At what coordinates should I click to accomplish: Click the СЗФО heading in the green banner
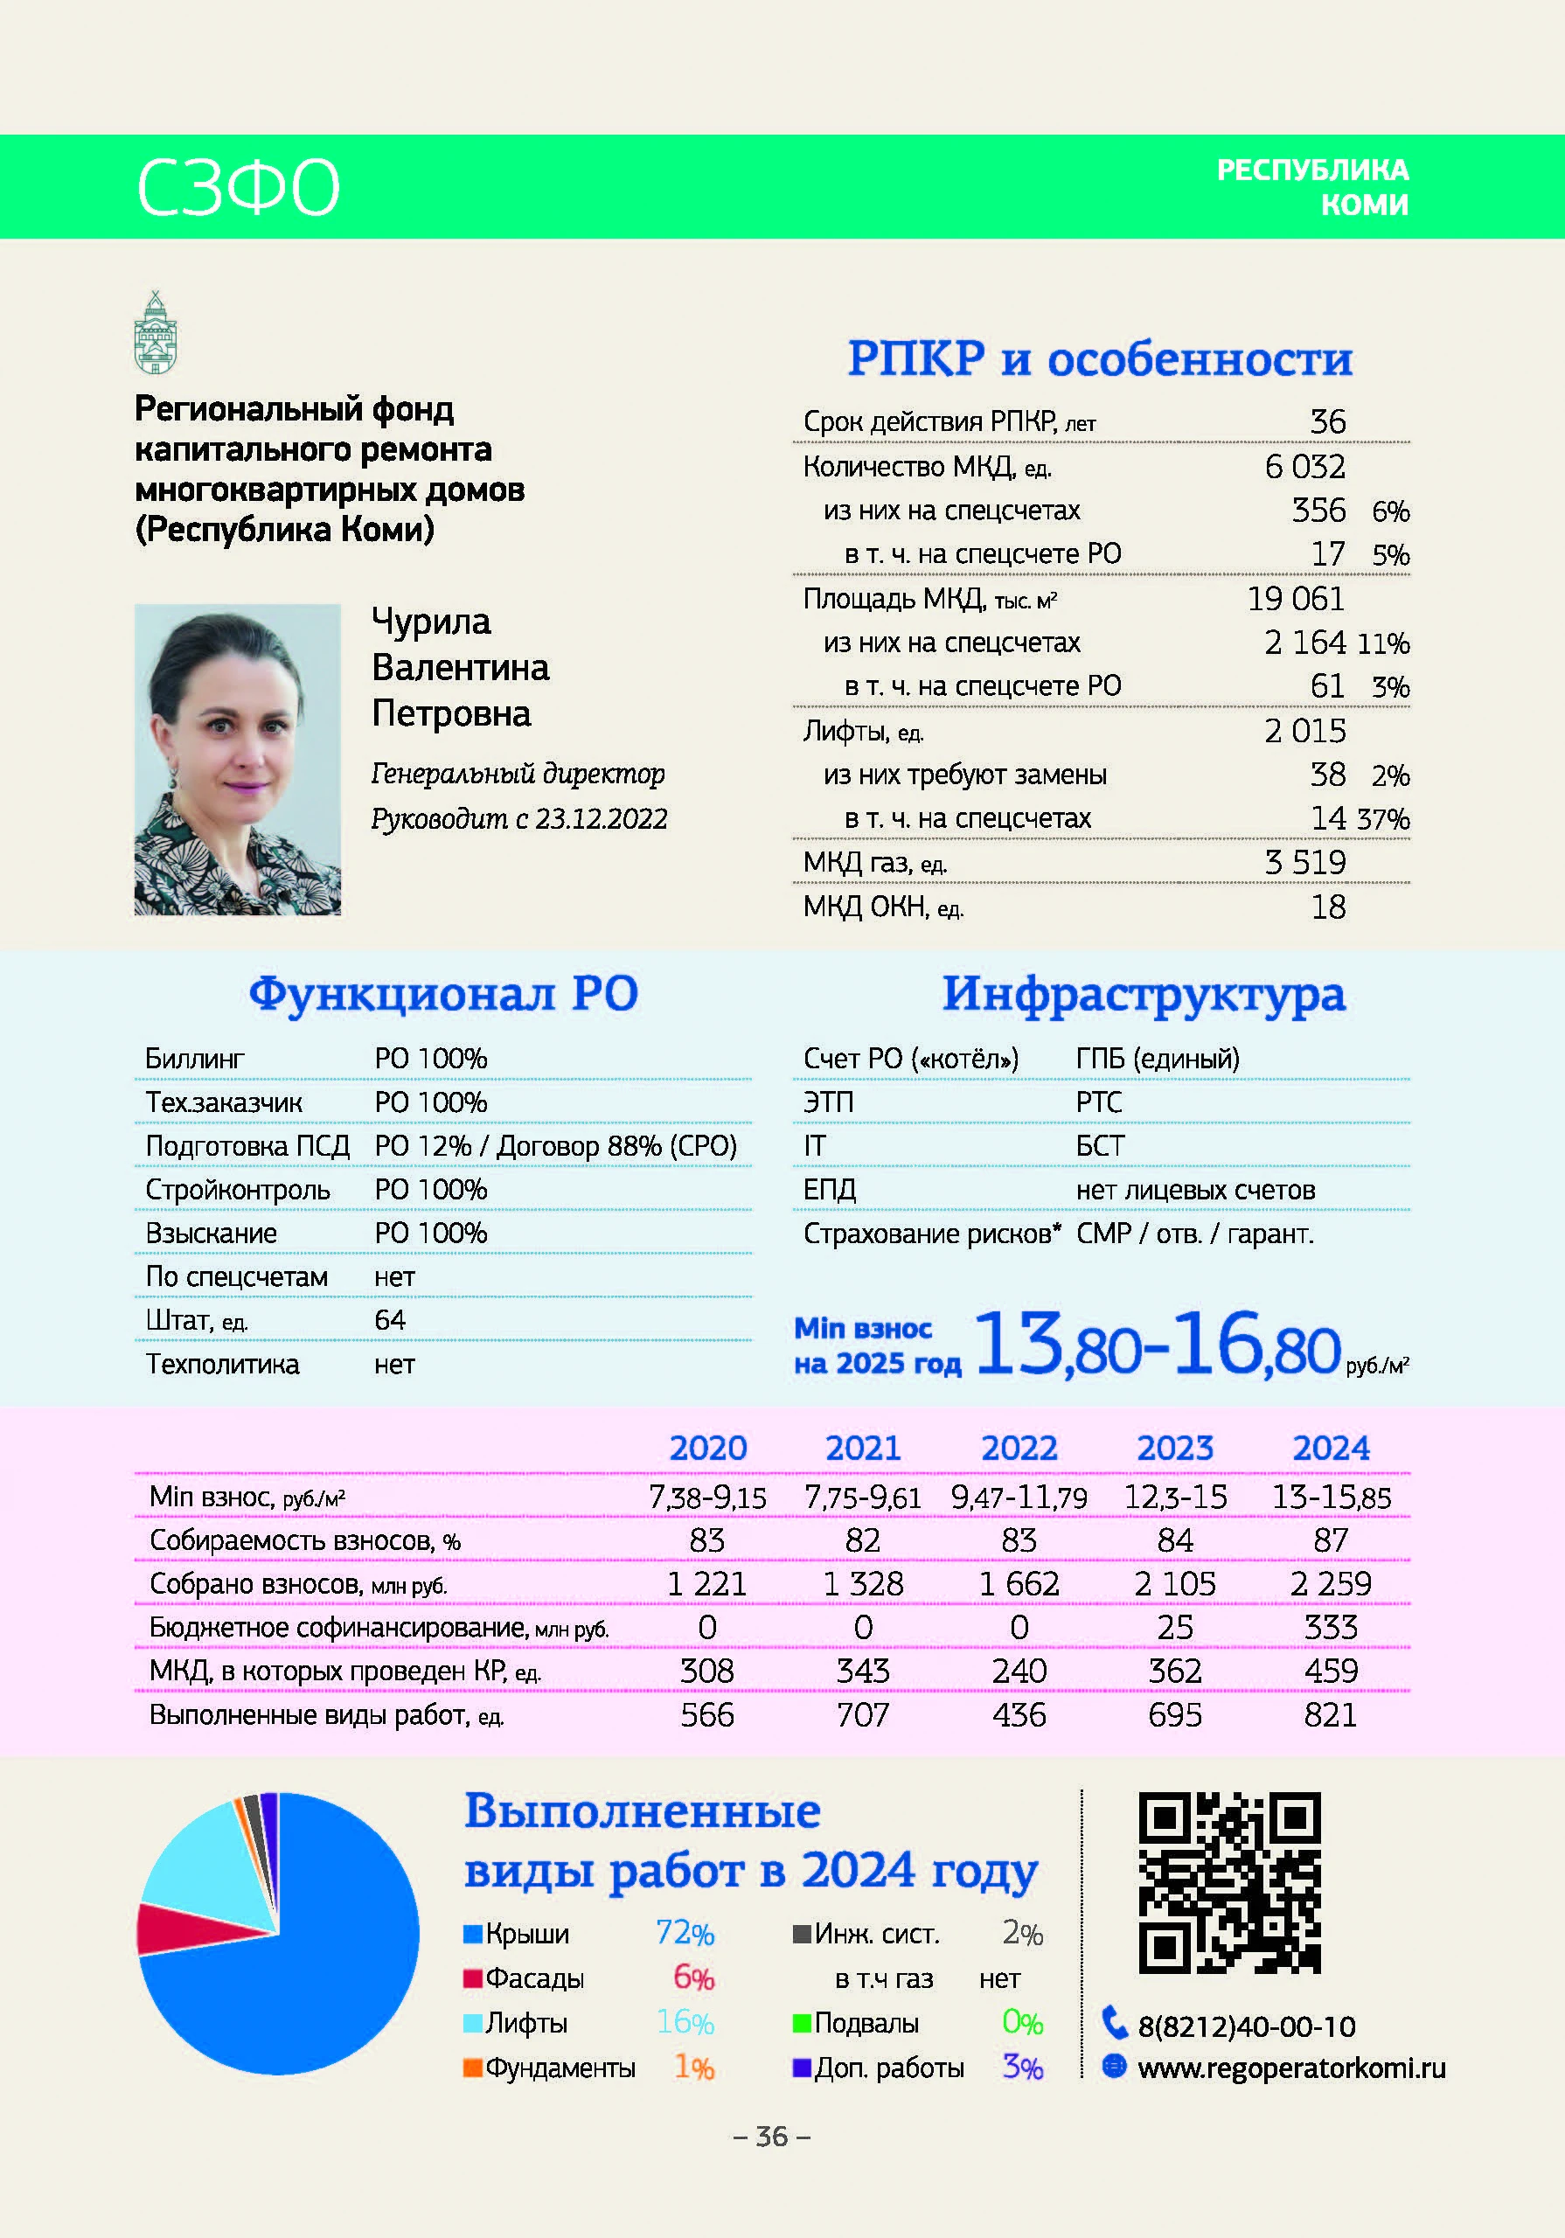click(x=238, y=187)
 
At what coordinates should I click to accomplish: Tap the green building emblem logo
click(x=155, y=332)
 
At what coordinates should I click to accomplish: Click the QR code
click(x=1228, y=1882)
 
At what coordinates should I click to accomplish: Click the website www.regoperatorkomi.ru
click(x=1291, y=2068)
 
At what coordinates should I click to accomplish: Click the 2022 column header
click(x=1019, y=1449)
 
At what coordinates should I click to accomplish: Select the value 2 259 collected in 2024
click(x=1330, y=1584)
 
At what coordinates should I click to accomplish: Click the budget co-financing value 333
click(x=1330, y=1627)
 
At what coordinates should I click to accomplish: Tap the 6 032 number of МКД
click(x=1304, y=467)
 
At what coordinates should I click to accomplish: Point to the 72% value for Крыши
click(x=685, y=1933)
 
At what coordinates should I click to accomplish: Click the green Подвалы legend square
click(x=802, y=2024)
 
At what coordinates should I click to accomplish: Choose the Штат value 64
click(x=390, y=1320)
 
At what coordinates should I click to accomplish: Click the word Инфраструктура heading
click(x=1144, y=994)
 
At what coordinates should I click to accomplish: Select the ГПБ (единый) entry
click(x=1158, y=1059)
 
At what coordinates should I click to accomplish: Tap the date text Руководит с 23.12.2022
click(x=518, y=819)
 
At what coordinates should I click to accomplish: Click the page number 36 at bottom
click(x=771, y=2137)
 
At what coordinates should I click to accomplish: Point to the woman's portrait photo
click(x=238, y=760)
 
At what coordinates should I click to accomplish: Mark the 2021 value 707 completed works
click(x=863, y=1714)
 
